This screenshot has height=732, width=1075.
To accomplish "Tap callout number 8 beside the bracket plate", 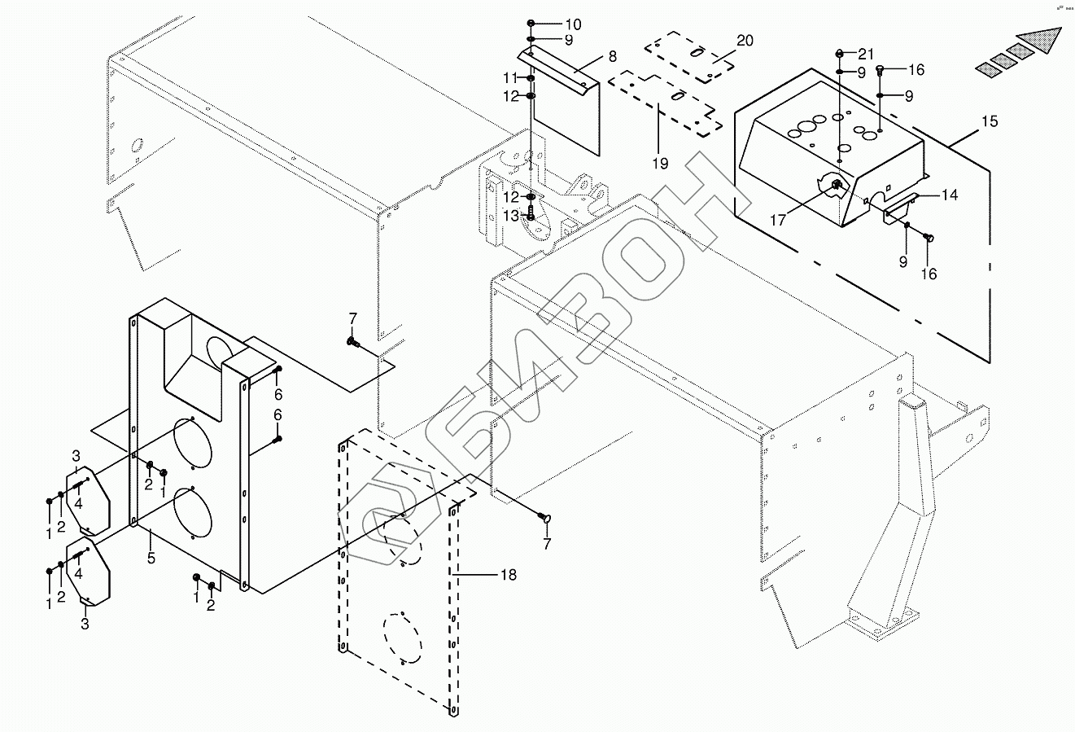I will (611, 56).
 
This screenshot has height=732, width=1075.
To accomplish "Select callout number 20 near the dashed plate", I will (745, 41).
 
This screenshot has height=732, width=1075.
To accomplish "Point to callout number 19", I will (659, 164).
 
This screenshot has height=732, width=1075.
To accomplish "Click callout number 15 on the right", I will (989, 122).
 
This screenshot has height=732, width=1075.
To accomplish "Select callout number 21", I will (865, 54).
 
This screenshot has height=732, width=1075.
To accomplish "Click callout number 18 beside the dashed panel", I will (508, 575).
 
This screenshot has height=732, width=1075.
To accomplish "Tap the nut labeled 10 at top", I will (531, 24).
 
